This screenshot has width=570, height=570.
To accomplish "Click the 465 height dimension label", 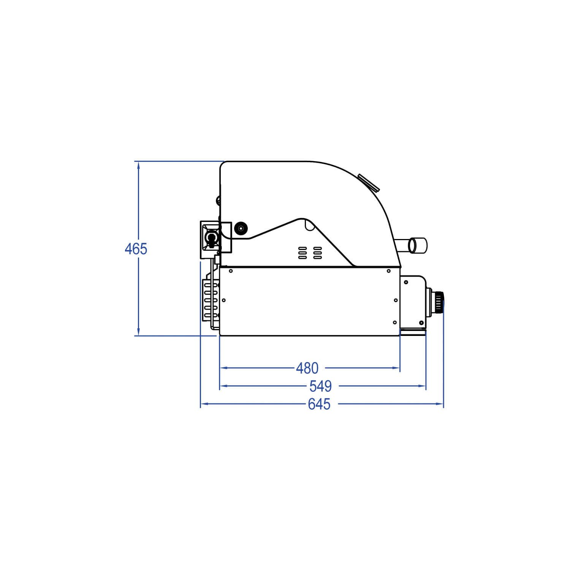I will pos(136,249).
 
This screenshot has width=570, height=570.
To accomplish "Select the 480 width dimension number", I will pos(307,368).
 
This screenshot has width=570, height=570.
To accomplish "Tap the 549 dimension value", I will pos(320,386).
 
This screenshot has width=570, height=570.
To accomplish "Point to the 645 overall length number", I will pos(319,404).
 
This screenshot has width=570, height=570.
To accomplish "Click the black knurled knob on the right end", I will pos(439,302).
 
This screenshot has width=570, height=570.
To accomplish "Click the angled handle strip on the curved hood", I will pos(368,183).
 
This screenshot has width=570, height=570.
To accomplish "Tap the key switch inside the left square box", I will pos(211,238).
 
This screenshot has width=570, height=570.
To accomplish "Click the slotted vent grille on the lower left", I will pos(210,300).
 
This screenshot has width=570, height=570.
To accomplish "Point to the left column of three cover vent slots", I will pos(302,253).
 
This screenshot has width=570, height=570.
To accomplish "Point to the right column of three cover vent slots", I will pos(317,253).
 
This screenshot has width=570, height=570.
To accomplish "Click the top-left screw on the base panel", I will pos(231,271).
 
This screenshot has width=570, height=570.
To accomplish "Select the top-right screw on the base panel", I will pos(388,271).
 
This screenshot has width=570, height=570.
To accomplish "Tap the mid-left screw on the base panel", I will pos(224,300).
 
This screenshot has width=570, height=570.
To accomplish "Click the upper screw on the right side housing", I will pos(406,282).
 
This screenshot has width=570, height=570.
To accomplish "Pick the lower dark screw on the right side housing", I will pos(421,323).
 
